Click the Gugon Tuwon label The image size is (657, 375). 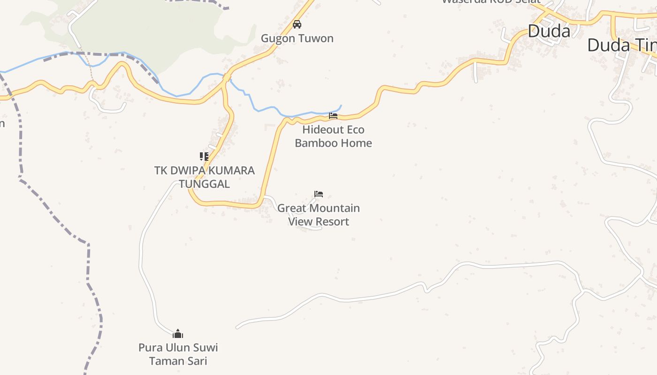297,38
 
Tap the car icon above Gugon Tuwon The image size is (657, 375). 297,24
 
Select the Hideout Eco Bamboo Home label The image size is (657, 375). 333,136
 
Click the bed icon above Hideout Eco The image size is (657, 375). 333,115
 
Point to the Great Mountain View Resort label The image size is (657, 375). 319,215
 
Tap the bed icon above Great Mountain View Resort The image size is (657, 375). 319,194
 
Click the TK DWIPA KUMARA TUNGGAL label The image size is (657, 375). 204,177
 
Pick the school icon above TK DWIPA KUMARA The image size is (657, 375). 204,156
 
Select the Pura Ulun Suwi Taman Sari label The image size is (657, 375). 178,354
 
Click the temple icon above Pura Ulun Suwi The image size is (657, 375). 178,334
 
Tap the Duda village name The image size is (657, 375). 549,31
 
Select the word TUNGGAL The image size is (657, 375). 204,184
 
